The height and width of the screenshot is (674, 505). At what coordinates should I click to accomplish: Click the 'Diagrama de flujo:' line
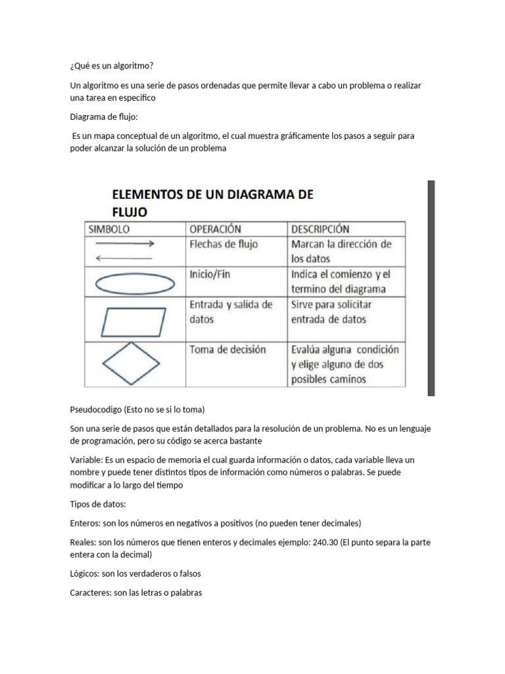click(x=104, y=117)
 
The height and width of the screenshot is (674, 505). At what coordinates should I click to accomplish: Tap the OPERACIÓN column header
click(x=215, y=230)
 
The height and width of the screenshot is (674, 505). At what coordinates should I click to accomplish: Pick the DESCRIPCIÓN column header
click(x=320, y=230)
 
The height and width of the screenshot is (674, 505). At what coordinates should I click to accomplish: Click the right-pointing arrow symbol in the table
click(x=125, y=244)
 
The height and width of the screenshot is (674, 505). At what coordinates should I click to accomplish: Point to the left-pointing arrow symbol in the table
click(x=125, y=258)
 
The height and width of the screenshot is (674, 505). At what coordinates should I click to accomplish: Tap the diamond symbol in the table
click(x=134, y=363)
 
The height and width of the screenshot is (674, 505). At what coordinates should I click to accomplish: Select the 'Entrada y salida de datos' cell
click(x=230, y=312)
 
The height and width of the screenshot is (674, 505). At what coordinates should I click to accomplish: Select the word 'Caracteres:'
click(x=91, y=592)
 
